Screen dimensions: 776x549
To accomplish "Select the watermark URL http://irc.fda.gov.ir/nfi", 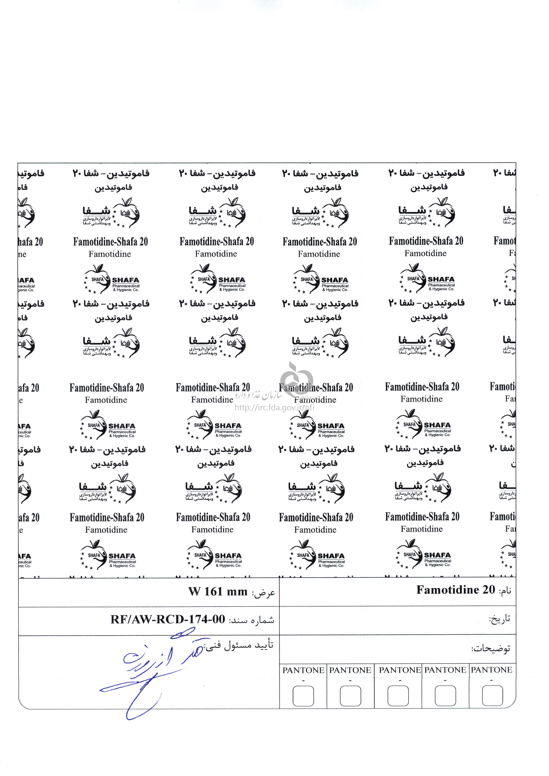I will tap(274, 408).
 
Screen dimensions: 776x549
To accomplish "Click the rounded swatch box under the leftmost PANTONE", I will tap(303, 696).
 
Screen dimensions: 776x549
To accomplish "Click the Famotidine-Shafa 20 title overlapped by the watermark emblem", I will tap(316, 387).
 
